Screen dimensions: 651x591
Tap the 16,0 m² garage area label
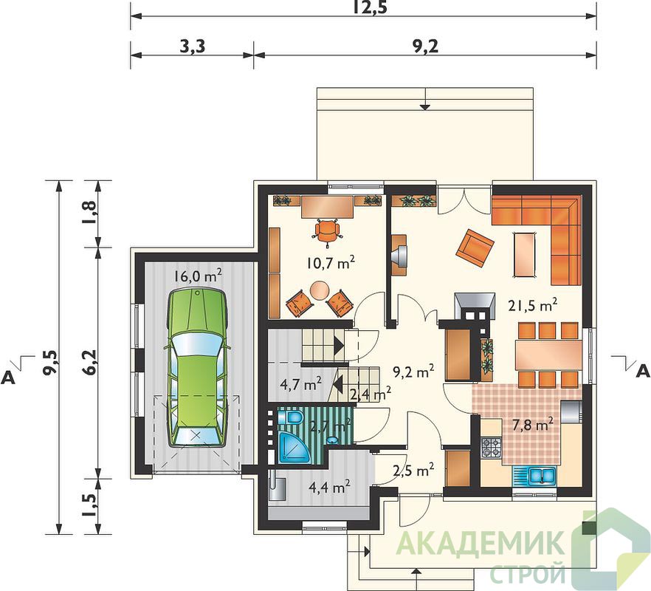click(x=198, y=276)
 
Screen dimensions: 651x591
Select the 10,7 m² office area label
click(x=331, y=262)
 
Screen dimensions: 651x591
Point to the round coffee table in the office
click(x=320, y=290)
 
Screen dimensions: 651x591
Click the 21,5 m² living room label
click(x=533, y=306)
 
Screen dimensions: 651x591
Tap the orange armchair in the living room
click(x=475, y=248)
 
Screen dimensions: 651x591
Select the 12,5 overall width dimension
click(x=371, y=7)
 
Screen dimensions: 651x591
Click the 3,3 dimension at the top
click(x=192, y=47)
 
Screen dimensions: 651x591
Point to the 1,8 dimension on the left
click(x=91, y=213)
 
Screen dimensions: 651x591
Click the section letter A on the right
click(x=643, y=371)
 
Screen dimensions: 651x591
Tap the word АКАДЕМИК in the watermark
click(x=480, y=543)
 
